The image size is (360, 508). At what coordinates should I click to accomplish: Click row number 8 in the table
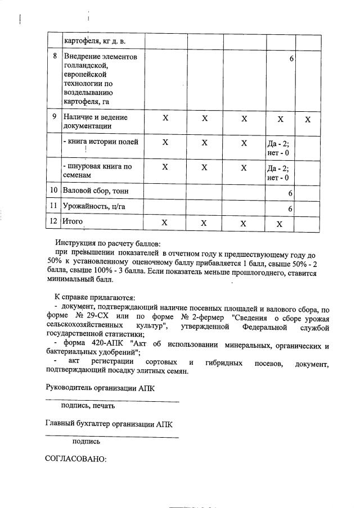point(54,57)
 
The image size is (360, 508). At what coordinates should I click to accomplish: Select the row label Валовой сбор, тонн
point(96,192)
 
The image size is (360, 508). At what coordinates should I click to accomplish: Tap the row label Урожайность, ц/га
point(94,207)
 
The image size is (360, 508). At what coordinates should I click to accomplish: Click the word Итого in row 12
point(73,222)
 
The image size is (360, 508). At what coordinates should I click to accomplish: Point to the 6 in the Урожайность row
point(290,208)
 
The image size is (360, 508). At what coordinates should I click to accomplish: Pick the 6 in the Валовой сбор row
point(290,193)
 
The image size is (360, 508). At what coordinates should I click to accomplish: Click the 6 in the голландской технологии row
point(292,58)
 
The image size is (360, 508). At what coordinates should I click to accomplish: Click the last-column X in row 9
point(308,119)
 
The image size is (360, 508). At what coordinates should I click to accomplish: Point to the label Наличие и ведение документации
point(96,122)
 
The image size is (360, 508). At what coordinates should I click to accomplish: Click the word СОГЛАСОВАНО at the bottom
point(75,459)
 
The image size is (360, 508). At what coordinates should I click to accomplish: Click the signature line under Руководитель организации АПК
point(112,401)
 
